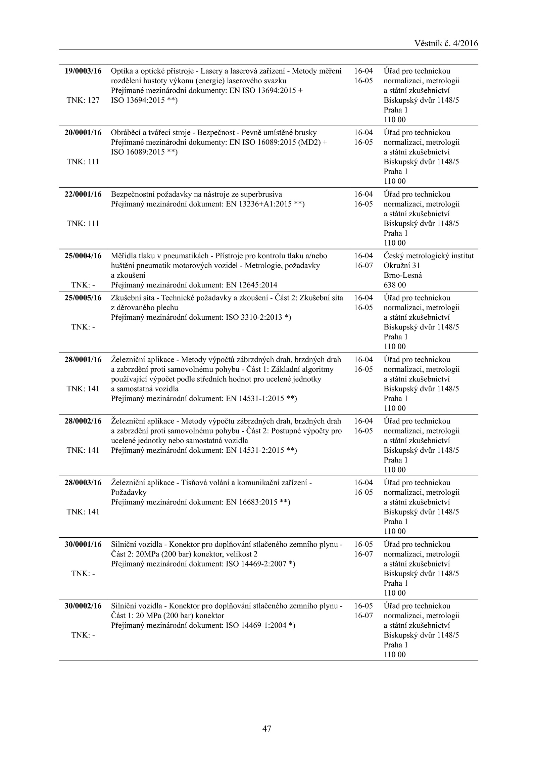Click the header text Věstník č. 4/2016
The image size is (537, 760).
coord(446,43)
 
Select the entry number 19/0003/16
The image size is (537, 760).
coord(83,71)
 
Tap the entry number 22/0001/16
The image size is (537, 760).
coord(83,194)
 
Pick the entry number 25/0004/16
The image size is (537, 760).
coord(83,256)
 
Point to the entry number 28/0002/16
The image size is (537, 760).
coord(83,421)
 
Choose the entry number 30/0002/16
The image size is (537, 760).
coord(83,606)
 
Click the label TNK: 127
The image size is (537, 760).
coord(83,100)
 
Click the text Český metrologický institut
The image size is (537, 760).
coord(429,256)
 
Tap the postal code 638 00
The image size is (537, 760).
coord(395,285)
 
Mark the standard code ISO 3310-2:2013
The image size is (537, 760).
coord(254,317)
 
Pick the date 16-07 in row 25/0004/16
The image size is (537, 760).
coord(363,266)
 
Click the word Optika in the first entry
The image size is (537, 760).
coord(121,71)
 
